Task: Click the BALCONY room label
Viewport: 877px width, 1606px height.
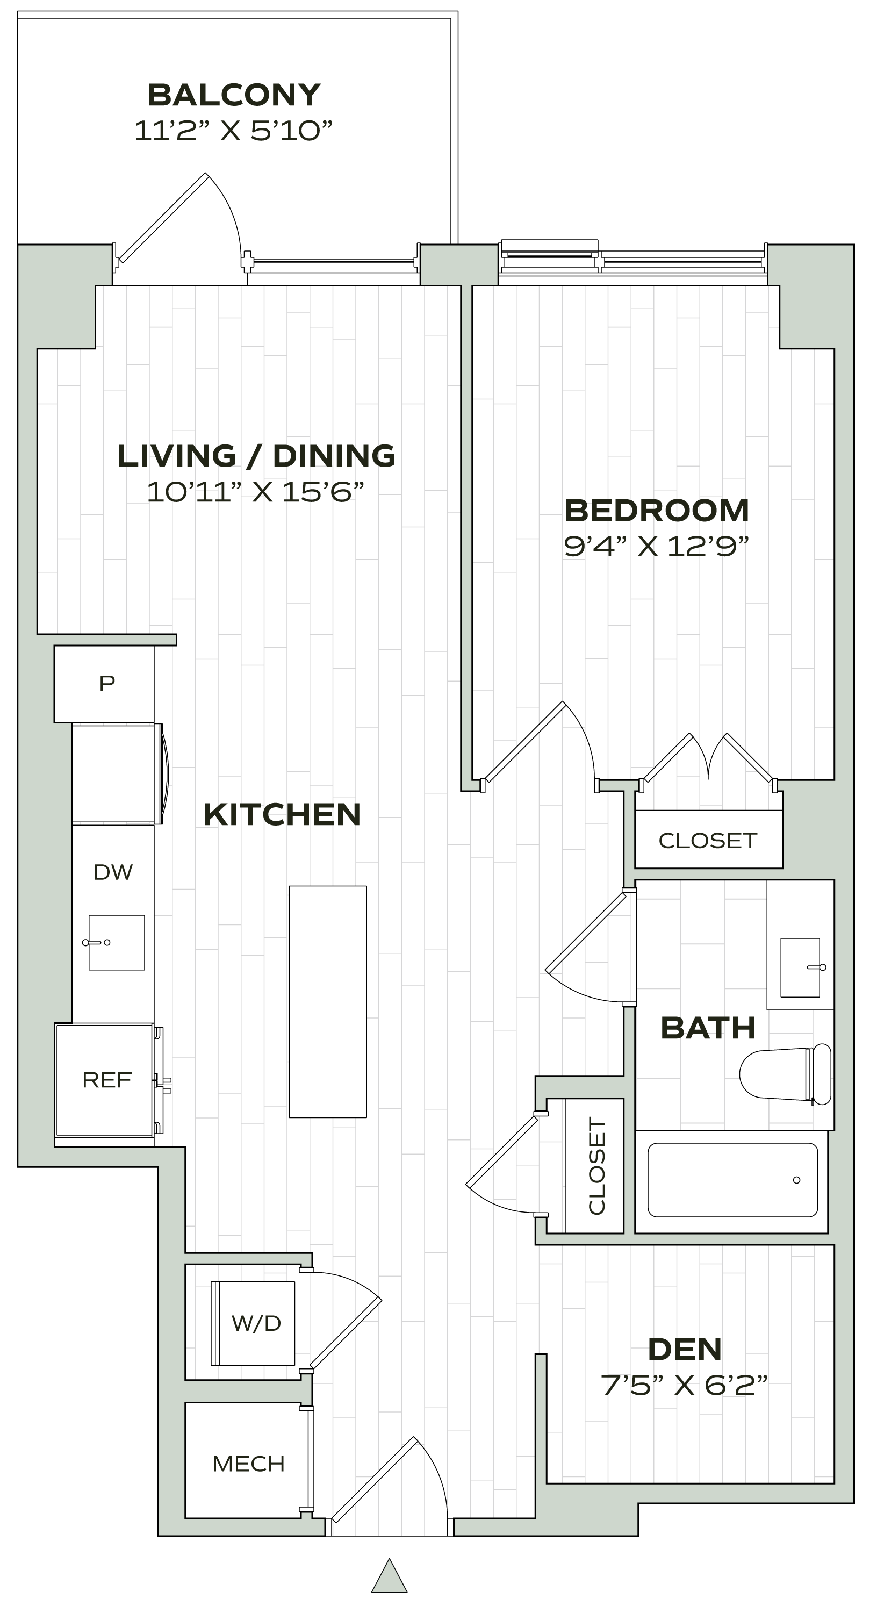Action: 234,95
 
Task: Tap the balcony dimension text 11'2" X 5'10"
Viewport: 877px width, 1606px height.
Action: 234,132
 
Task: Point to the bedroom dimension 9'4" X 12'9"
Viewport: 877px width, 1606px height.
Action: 656,547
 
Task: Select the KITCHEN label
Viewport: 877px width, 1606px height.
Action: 282,814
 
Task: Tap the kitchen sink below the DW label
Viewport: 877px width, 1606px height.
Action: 117,942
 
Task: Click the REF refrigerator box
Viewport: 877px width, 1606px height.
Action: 106,1080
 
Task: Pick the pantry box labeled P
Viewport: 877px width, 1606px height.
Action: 106,683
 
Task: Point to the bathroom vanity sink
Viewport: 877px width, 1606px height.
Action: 801,967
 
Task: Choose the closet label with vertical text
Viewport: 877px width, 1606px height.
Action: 596,1166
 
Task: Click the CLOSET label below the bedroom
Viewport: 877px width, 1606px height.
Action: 708,841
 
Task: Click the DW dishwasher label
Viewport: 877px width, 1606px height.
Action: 113,872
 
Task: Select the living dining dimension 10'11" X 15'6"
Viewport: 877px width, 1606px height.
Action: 255,492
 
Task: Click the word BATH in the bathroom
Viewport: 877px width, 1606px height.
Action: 708,1028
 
